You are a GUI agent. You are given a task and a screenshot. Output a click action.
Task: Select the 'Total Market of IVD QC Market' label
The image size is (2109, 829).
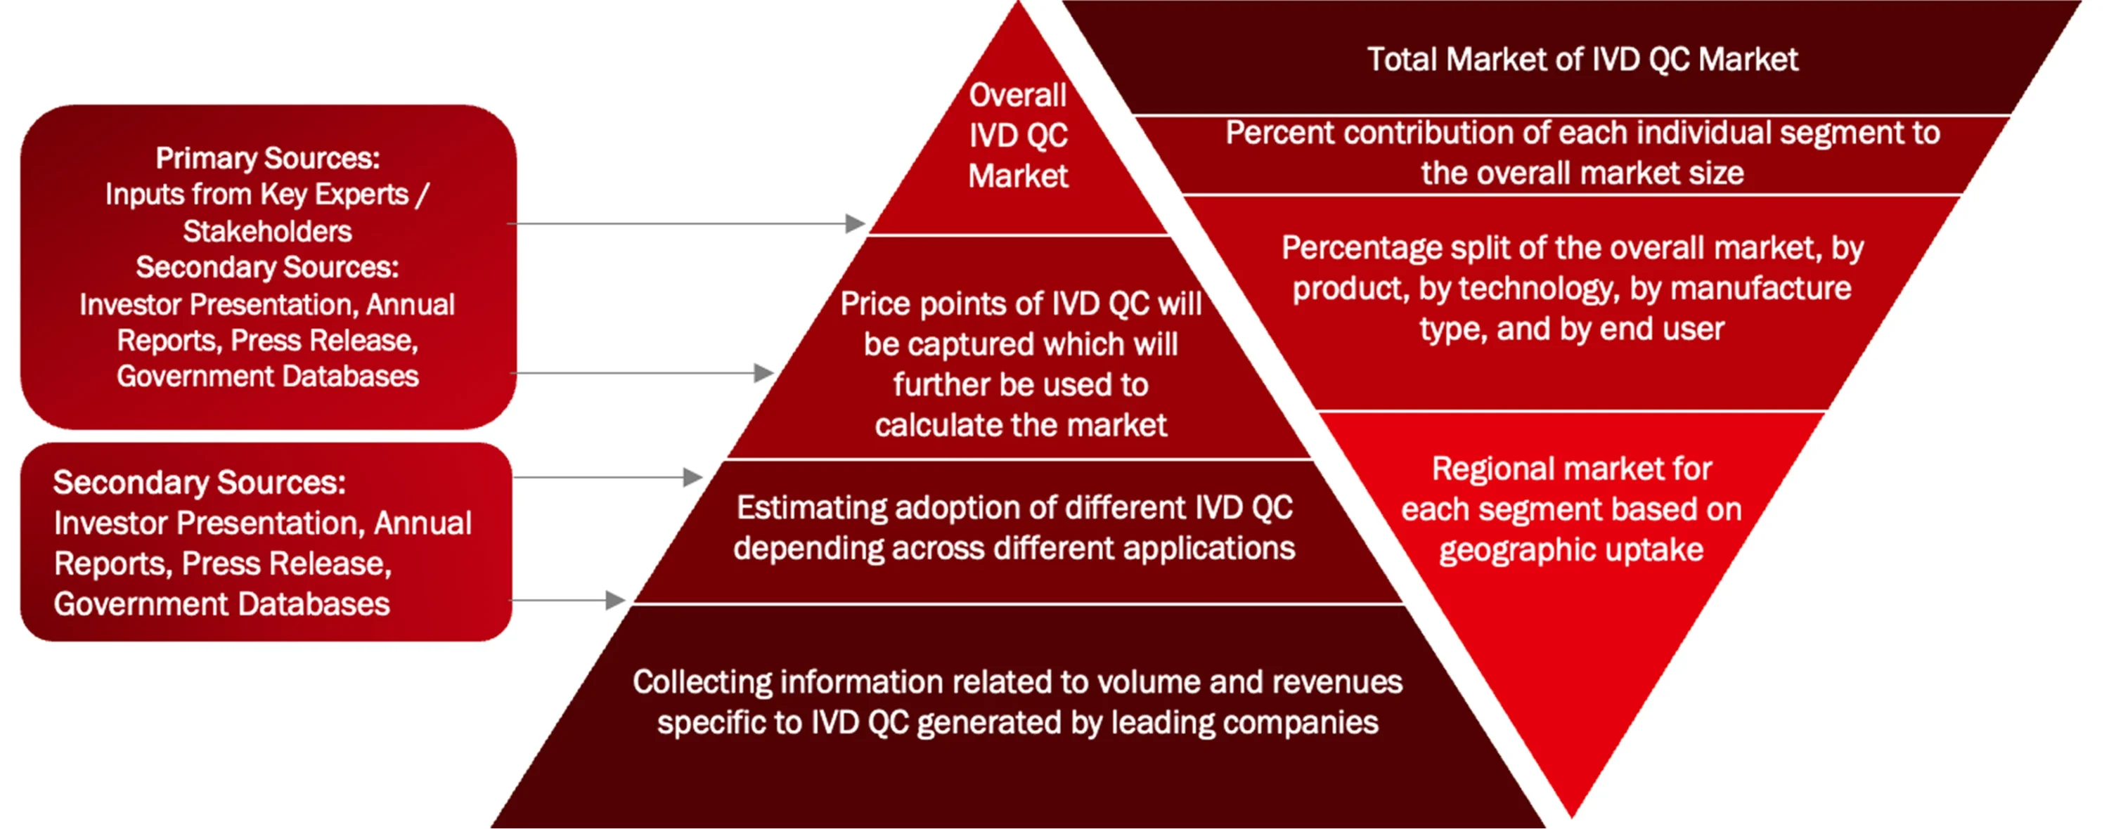(1582, 60)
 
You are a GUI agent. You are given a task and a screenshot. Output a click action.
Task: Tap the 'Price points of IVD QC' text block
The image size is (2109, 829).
(1021, 364)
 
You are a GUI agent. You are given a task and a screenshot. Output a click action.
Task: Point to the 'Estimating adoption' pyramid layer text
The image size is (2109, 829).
(1014, 528)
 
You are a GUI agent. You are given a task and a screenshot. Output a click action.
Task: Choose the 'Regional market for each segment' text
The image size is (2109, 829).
(1572, 509)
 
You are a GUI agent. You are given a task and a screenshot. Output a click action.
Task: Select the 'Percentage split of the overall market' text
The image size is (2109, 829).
(1572, 288)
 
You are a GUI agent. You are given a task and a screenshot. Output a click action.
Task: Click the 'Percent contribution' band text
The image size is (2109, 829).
(1582, 153)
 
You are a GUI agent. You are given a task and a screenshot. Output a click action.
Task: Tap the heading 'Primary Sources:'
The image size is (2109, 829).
(268, 158)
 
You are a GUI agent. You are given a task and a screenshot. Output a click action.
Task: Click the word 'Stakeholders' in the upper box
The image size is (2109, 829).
(268, 232)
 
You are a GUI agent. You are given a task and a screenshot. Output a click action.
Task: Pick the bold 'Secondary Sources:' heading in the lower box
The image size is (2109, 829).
(200, 483)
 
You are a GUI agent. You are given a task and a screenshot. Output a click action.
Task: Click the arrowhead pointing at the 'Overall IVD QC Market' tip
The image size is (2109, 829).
(856, 223)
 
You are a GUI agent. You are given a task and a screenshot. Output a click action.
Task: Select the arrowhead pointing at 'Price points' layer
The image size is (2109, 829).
(764, 373)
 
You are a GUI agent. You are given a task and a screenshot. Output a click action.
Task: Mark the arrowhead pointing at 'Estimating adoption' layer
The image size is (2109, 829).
(692, 477)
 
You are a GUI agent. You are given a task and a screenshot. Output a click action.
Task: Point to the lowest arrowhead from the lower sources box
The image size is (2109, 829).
(616, 601)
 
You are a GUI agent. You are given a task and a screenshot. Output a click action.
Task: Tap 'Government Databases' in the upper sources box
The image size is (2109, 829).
(268, 377)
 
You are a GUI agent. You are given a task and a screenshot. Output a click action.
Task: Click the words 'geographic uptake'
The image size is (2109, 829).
(1572, 550)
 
